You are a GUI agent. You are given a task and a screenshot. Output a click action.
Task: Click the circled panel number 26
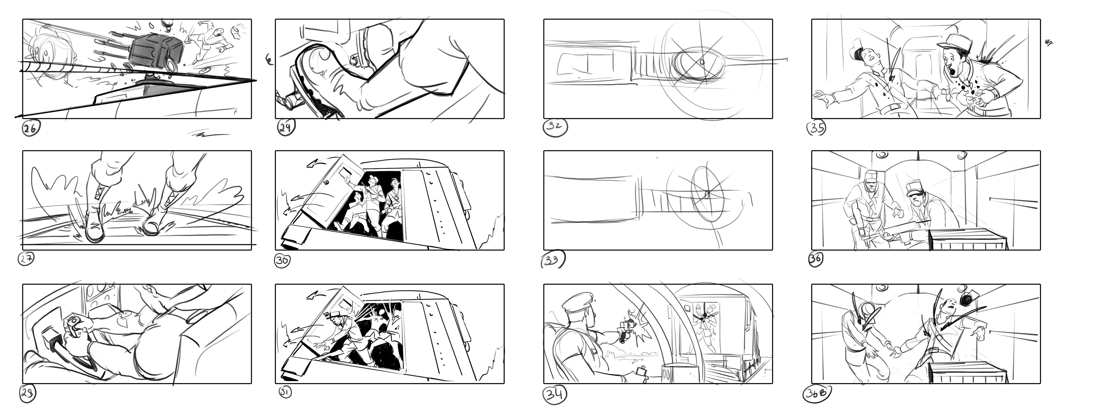31,129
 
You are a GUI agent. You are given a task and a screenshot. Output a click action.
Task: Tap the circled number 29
286,127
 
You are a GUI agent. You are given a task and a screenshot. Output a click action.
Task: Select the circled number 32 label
555,127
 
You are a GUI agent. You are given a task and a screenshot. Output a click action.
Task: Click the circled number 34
555,394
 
